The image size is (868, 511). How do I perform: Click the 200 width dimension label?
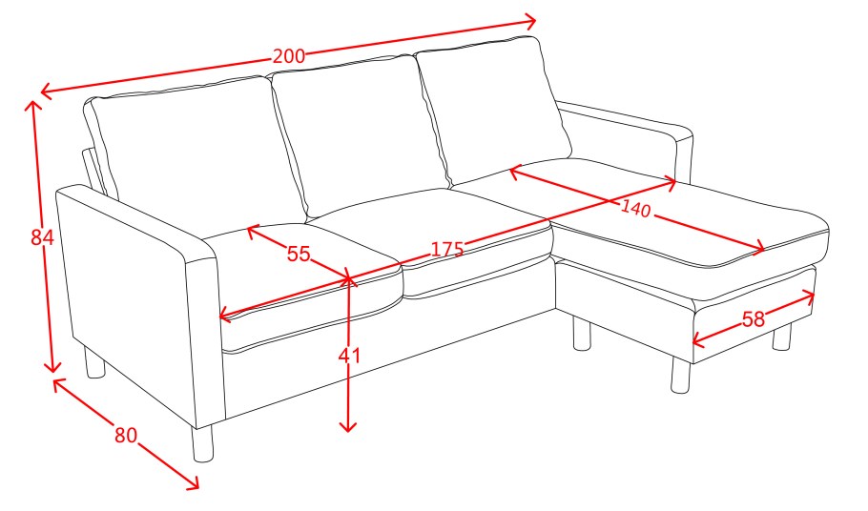[x=288, y=56]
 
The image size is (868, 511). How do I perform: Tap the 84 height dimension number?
[x=42, y=237]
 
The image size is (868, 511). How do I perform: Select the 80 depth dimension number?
[x=126, y=435]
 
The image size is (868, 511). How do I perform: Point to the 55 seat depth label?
[x=299, y=254]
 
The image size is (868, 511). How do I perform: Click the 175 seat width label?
[x=446, y=249]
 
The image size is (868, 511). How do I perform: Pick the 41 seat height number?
[x=349, y=356]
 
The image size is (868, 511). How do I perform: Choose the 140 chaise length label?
[x=635, y=209]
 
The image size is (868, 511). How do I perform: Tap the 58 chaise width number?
[x=753, y=319]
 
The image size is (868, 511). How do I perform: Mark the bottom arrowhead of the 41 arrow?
[x=347, y=426]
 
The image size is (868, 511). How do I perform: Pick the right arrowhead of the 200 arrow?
[x=529, y=22]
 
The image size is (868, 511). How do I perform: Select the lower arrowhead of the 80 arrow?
[x=192, y=482]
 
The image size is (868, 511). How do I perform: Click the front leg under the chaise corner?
[x=680, y=375]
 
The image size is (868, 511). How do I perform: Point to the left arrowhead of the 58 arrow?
[x=698, y=340]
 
